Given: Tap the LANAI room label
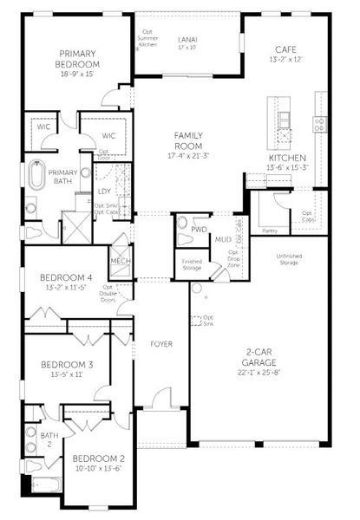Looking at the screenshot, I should (187, 39).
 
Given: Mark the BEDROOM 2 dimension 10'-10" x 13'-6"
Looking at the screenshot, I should (97, 468).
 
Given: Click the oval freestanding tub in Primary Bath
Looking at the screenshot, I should (36, 174).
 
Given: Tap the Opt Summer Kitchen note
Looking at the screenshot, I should (148, 36).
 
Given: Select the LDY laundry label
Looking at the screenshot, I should (104, 191).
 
